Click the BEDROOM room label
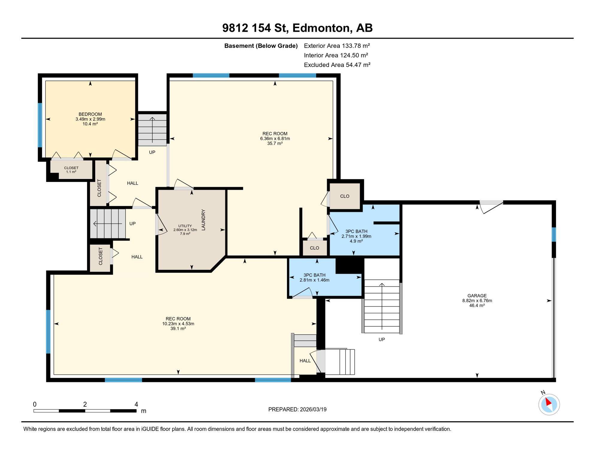coord(90,114)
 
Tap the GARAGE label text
coord(477,296)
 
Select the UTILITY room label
coord(185,226)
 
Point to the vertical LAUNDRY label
coord(204,220)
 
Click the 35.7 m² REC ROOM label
coord(275,138)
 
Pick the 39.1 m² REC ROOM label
coord(178,324)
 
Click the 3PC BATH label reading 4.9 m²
coord(356,236)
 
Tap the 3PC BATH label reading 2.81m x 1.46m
coord(314,278)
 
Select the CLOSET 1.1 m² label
coord(71,169)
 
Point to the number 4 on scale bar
coord(136,404)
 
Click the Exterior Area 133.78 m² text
coord(337,46)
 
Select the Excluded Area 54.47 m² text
coord(337,65)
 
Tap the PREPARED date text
coord(297,409)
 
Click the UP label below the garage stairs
coord(382,339)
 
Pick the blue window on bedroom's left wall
coord(40,125)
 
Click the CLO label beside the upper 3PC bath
coord(344,196)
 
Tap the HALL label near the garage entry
coord(305,361)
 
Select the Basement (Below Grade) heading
coord(261,46)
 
